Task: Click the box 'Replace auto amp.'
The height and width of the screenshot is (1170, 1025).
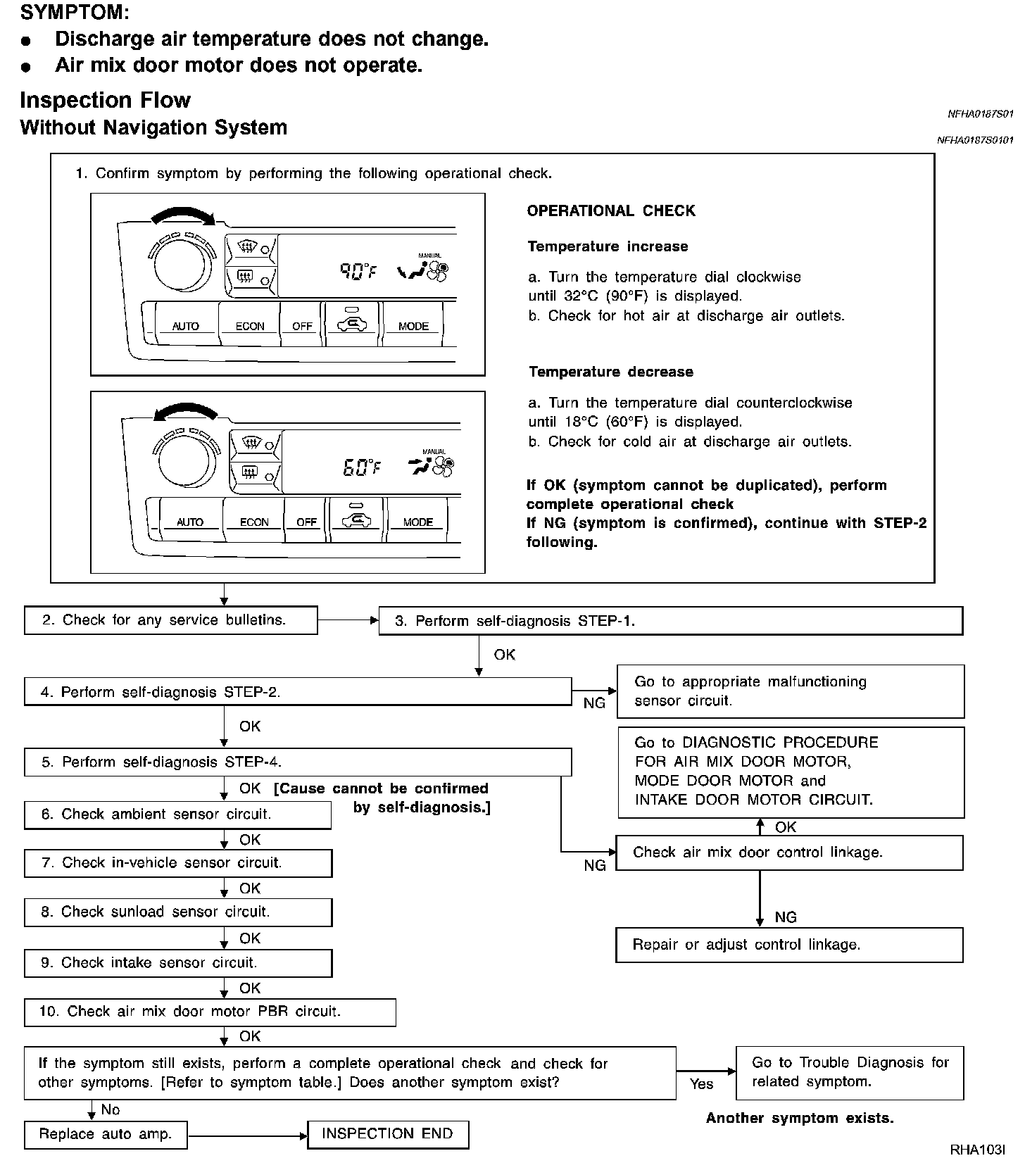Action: pos(106,1134)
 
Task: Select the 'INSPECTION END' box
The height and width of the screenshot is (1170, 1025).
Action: pos(388,1134)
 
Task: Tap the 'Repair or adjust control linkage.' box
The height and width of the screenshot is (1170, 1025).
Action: pos(789,945)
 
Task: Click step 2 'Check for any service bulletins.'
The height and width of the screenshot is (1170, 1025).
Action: pos(170,620)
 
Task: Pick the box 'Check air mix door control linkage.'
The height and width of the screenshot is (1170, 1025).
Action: pos(789,853)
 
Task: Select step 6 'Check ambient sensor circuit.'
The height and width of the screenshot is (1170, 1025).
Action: pos(177,814)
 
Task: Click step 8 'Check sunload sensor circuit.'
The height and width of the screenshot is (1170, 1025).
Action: pos(177,912)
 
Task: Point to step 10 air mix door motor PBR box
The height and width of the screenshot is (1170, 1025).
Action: pos(210,1012)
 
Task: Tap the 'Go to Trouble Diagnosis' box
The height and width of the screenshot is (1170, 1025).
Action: pos(850,1072)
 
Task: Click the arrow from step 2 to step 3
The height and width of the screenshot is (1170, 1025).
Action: pos(348,620)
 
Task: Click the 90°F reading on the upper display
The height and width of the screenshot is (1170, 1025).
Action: pos(358,271)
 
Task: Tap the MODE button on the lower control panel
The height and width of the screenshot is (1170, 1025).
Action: pos(417,522)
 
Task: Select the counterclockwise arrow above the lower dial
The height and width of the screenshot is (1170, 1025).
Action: pos(185,411)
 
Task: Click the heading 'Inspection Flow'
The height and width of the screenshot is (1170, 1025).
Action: pos(106,100)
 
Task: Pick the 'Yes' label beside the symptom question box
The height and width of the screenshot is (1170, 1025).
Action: pos(701,1084)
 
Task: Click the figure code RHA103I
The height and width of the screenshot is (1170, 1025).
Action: pos(977,1150)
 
